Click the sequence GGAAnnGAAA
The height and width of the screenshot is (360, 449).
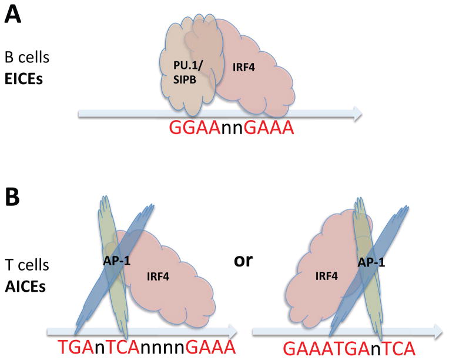230,128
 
